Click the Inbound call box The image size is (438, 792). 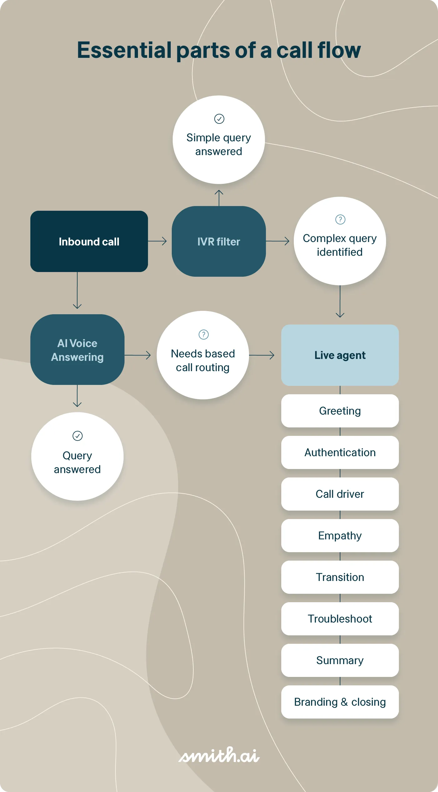click(89, 241)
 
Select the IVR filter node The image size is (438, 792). click(219, 241)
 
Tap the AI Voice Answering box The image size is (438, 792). click(77, 350)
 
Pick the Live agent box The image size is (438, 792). click(340, 355)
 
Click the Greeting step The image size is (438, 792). click(340, 411)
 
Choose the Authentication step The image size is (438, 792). click(340, 452)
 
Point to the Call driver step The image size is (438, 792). click(340, 494)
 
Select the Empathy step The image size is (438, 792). click(340, 536)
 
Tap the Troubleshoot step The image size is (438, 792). click(340, 619)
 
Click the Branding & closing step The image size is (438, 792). click(340, 702)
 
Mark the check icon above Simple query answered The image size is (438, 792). click(219, 119)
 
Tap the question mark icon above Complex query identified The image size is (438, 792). click(340, 219)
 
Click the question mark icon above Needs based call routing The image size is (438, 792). click(203, 335)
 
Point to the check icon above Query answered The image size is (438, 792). click(77, 436)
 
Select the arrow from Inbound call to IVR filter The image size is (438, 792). click(157, 241)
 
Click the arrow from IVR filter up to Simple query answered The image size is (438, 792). click(219, 198)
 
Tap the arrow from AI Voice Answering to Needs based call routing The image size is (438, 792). click(138, 355)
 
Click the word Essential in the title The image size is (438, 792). click(124, 50)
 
